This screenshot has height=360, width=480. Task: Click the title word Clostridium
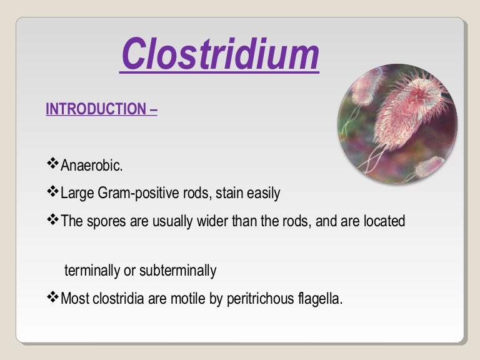pyautogui.click(x=219, y=54)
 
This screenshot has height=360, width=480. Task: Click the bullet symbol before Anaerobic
pyautogui.click(x=52, y=164)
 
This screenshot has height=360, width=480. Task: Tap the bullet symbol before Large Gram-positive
pyautogui.click(x=52, y=192)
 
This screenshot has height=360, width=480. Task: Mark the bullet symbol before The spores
pyautogui.click(x=52, y=221)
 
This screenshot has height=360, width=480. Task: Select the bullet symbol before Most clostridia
pyautogui.click(x=52, y=297)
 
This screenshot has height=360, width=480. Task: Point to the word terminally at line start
pyautogui.click(x=91, y=271)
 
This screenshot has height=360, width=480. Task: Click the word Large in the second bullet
pyautogui.click(x=76, y=193)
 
